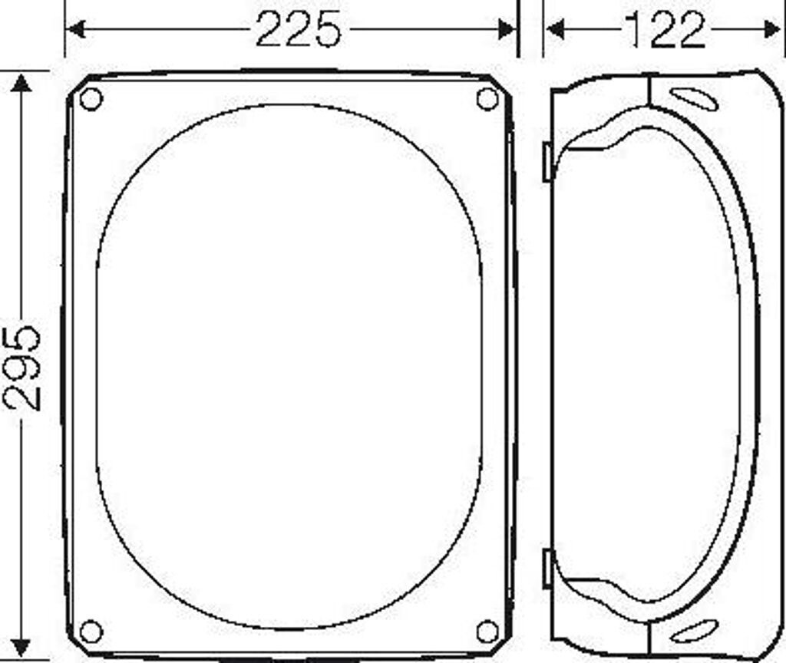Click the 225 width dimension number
pyautogui.click(x=299, y=29)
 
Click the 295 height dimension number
pyautogui.click(x=21, y=368)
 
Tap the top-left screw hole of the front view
pyautogui.click(x=91, y=99)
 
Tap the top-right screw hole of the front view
pyautogui.click(x=487, y=99)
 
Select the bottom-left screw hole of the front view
pyautogui.click(x=91, y=632)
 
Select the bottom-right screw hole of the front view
pyautogui.click(x=487, y=632)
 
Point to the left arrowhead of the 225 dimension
pyautogui.click(x=75, y=29)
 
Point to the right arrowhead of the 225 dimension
pyautogui.click(x=507, y=29)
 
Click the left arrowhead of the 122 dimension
pyautogui.click(x=556, y=29)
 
